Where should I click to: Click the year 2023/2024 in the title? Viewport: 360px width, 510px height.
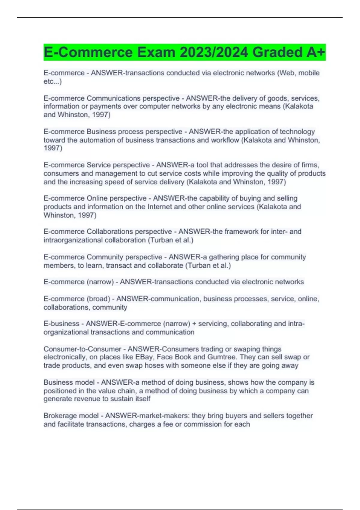click(214, 52)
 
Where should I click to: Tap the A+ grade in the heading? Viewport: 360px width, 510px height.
click(316, 52)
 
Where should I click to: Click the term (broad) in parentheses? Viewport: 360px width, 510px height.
click(98, 299)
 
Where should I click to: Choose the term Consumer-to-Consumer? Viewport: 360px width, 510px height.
click(82, 349)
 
